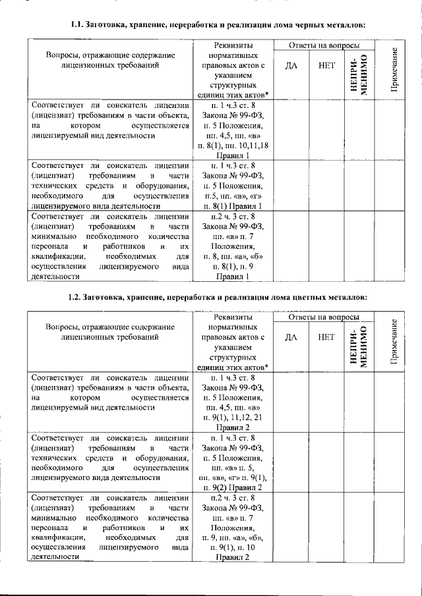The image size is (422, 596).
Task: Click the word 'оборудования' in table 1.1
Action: (155, 186)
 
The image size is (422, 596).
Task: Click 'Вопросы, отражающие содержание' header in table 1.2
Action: (109, 327)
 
